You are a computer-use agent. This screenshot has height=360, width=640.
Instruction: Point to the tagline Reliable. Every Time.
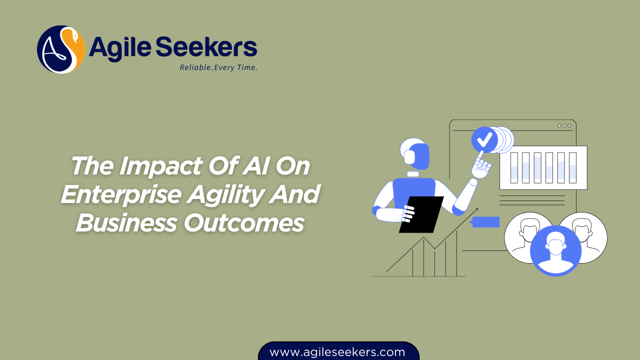218,67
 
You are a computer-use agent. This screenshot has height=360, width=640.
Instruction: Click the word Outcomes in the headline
244,222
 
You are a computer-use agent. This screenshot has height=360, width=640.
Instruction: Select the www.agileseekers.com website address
337,352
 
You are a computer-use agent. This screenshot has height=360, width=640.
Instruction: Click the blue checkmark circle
484,140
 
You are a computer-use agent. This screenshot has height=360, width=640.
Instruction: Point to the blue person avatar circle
555,250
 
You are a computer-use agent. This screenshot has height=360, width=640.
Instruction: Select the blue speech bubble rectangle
486,222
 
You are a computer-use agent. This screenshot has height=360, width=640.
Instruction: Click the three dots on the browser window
564,125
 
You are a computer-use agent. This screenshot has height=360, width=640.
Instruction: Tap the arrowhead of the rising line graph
475,210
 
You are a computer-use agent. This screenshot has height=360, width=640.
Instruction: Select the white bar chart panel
543,167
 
